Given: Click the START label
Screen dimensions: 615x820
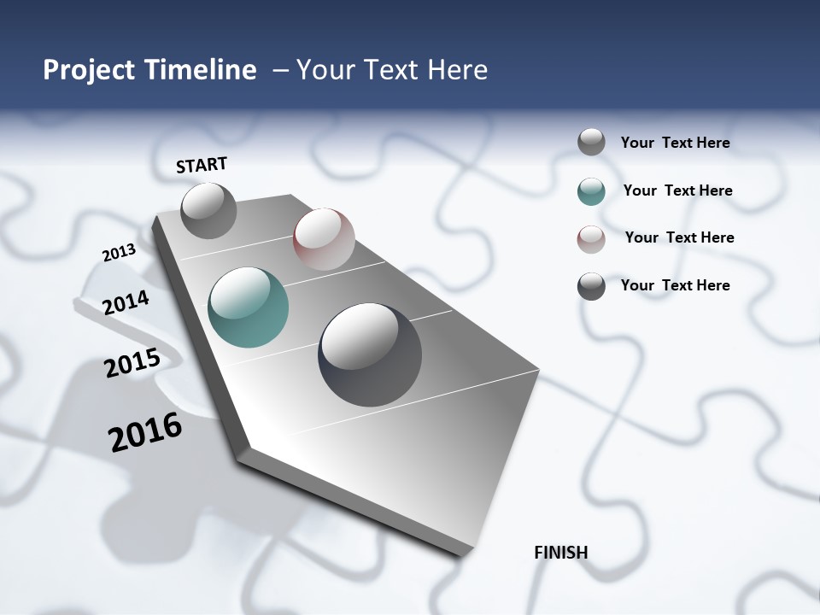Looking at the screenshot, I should click(x=202, y=165).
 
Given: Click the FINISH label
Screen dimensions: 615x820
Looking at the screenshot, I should click(x=560, y=553).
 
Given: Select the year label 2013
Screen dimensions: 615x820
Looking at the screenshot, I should click(x=119, y=253).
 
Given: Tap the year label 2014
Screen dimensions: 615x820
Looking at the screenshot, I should click(x=126, y=303).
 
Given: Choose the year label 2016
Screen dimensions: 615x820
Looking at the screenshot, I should click(x=145, y=432).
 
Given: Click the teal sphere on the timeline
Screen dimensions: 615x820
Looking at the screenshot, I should click(x=248, y=307).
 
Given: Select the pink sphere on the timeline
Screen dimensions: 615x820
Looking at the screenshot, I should click(x=324, y=239).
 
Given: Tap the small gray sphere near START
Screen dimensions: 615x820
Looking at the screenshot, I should click(x=208, y=211).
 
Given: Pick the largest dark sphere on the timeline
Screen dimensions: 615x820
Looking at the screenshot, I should click(x=370, y=354).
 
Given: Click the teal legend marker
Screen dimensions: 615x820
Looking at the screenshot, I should click(x=591, y=191).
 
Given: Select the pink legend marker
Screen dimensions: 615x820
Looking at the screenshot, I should click(x=591, y=239).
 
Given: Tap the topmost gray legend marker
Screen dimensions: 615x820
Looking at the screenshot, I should click(x=591, y=142).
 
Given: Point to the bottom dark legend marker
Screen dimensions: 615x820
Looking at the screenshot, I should click(x=591, y=286).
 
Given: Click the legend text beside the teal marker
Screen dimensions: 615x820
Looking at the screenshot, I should click(x=677, y=190).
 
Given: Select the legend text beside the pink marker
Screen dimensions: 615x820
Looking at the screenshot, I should click(x=679, y=237).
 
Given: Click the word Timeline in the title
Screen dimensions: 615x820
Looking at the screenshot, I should click(x=202, y=70).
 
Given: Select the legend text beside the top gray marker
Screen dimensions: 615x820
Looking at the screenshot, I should click(x=675, y=143).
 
